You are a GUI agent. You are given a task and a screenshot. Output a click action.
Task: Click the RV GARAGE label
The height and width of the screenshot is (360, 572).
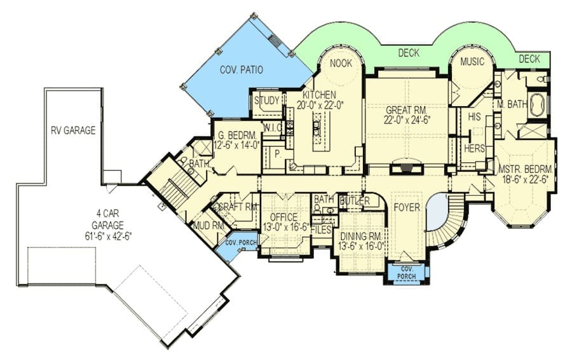pyautogui.click(x=73, y=130)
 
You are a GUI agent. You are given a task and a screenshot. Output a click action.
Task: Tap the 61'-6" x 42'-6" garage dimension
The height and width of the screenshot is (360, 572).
pyautogui.click(x=107, y=235)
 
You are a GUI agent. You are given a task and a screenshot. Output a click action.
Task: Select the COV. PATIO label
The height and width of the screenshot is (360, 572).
pyautogui.click(x=241, y=70)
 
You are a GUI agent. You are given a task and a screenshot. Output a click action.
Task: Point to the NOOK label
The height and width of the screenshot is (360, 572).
pyautogui.click(x=341, y=63)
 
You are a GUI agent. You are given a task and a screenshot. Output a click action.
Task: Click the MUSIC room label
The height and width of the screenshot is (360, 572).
pyautogui.click(x=472, y=62)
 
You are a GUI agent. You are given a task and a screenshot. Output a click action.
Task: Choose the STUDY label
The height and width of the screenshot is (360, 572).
pyautogui.click(x=267, y=100)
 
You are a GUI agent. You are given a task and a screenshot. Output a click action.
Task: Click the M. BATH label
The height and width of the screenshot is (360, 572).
pyautogui.click(x=512, y=104)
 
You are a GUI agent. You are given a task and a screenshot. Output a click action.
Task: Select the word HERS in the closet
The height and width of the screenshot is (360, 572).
pyautogui.click(x=474, y=148)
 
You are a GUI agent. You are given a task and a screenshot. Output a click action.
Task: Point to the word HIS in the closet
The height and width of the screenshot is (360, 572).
pyautogui.click(x=474, y=117)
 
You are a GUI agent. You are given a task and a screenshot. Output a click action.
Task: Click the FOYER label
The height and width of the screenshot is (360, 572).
pyautogui.click(x=407, y=207)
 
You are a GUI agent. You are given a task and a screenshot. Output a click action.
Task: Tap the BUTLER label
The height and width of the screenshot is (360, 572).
pyautogui.click(x=355, y=201)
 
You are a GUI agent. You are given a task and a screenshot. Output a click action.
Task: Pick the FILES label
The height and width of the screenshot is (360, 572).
pyautogui.click(x=322, y=230)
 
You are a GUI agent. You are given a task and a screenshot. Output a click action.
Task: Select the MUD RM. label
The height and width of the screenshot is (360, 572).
pyautogui.click(x=208, y=226)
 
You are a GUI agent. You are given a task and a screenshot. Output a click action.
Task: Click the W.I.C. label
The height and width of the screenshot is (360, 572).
pyautogui.click(x=272, y=128)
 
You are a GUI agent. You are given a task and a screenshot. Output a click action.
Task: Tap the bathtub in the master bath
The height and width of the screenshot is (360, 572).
pyautogui.click(x=536, y=105)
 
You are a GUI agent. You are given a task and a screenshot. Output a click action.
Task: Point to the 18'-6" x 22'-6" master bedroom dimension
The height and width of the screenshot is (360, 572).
pyautogui.click(x=525, y=180)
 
